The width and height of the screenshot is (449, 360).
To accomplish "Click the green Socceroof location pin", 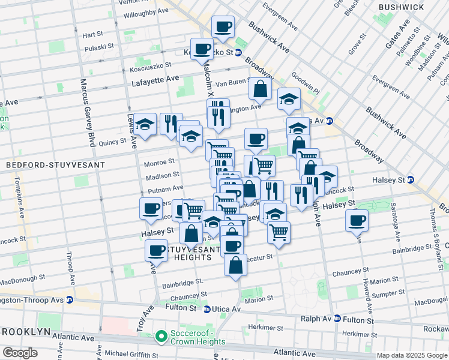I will coord(160,337).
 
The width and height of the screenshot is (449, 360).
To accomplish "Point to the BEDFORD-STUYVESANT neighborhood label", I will coord(55,164).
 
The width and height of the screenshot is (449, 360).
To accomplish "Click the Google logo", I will coord(20,353).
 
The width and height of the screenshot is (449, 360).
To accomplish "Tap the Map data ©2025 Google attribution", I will coord(412,355).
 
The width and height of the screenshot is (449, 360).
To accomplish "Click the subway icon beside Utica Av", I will coord(206,309).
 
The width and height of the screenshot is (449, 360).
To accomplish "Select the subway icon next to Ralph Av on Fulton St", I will coord(337,319).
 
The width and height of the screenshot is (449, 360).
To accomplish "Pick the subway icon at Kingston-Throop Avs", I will coord(70,299).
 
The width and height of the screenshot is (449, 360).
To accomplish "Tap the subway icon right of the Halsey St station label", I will coord(411,179).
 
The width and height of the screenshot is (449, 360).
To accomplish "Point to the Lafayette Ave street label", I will coord(155,79).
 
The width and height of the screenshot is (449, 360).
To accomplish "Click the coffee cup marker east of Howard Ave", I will coord(357,220).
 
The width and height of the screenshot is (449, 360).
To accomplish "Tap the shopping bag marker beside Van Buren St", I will coord(261,89).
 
